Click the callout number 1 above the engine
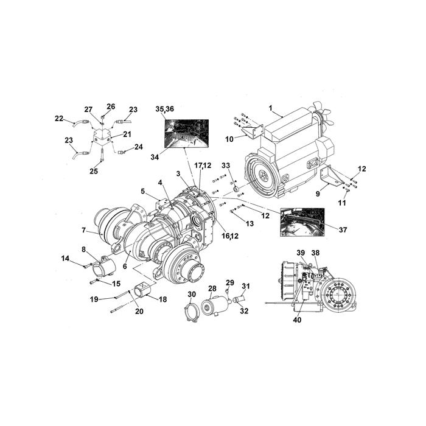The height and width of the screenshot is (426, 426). pyautogui.click(x=271, y=108)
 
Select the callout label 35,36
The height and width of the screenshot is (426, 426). pyautogui.click(x=165, y=109)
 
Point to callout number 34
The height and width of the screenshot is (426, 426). pyautogui.click(x=155, y=157)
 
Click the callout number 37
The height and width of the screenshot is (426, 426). pyautogui.click(x=343, y=229)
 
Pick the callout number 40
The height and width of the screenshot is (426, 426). pyautogui.click(x=297, y=319)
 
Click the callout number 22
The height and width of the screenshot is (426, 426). pyautogui.click(x=59, y=119)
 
